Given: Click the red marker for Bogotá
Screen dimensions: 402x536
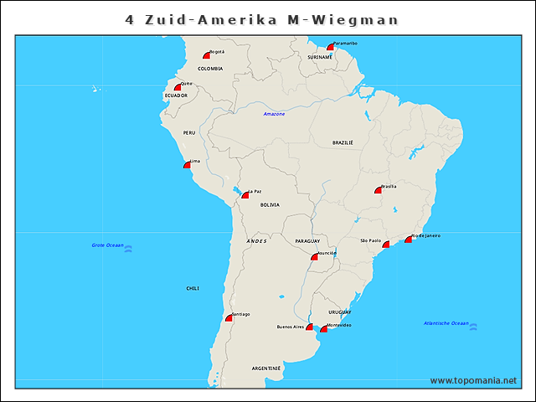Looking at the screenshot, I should coord(207,54).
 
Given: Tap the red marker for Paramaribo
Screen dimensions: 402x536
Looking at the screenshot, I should coord(331,48).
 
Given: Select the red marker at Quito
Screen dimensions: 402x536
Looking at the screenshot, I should coord(178,87).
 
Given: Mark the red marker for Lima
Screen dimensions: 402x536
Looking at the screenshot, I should coord(187,165).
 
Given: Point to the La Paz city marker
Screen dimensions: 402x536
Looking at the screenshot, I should coord(245,195).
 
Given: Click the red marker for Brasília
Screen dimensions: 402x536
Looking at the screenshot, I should coord(378,190).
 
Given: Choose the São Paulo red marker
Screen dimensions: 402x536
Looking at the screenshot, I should coord(386,245).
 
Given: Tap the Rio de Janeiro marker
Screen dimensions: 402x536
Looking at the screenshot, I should coord(409,240).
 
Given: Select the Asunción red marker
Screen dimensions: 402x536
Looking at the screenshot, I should coord(314,257).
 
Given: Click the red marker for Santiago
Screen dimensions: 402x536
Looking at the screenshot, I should coord(229,318).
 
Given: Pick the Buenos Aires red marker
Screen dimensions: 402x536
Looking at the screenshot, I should coord(309,327).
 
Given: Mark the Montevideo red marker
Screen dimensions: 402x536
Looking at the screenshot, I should coord(324,329).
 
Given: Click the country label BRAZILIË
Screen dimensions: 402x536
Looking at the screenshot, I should coord(343,143).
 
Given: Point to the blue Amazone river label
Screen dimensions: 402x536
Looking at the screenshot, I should coord(274,114).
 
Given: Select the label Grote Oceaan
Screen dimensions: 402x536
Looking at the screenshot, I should coord(107,245).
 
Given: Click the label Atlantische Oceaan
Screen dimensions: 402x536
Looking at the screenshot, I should coord(446,323).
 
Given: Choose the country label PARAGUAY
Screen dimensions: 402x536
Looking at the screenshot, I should coord(307,241).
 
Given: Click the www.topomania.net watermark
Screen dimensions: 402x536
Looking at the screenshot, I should coord(473,380).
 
